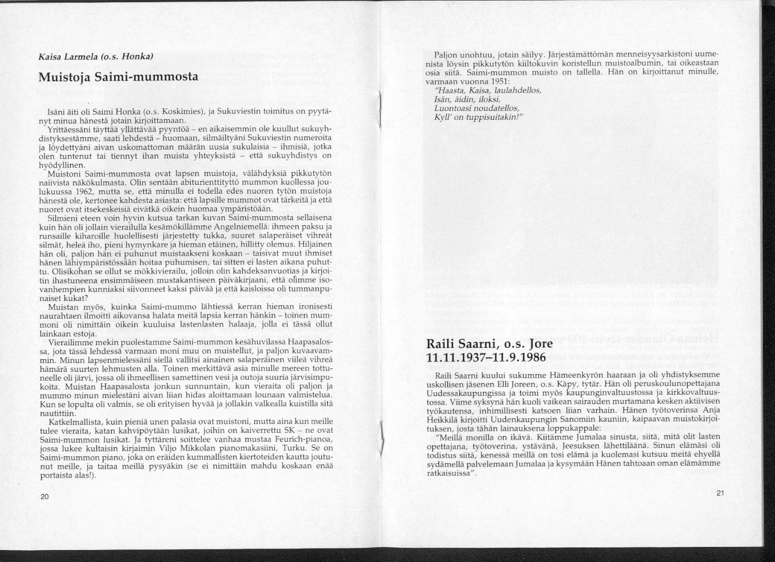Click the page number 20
tap(44, 496)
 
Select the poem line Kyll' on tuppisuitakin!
tap(478, 116)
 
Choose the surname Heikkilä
tap(445, 417)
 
